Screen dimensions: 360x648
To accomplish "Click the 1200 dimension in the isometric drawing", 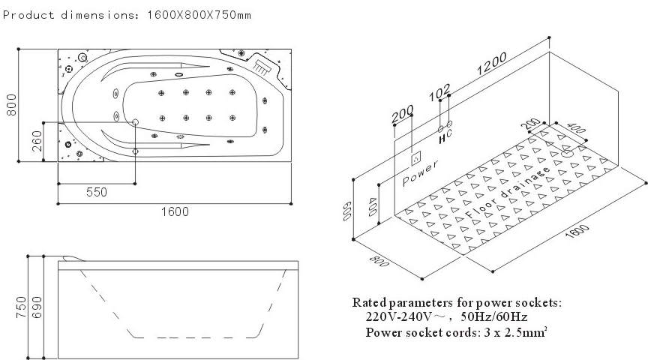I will pos(491,67).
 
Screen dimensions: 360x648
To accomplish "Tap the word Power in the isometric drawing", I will pos(421,174).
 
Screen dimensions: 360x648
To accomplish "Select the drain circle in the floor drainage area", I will pos(568,152).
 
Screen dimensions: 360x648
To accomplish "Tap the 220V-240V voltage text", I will pos(398,317).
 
